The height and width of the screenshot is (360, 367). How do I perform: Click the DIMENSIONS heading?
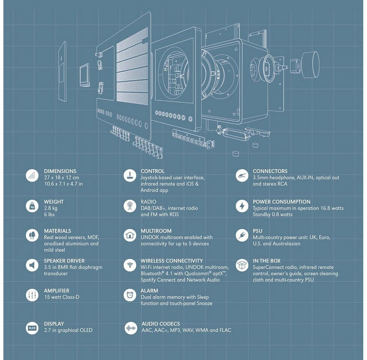click(x=60, y=171)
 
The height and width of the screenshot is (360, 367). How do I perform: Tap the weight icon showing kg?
click(x=32, y=205)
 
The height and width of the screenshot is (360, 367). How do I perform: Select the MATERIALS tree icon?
click(x=32, y=235)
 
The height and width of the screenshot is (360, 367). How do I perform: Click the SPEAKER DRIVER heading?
click(x=64, y=261)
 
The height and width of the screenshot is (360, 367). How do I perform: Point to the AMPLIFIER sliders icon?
click(x=32, y=295)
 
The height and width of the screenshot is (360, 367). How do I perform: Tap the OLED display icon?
click(x=32, y=328)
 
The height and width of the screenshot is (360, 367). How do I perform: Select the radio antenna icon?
click(x=130, y=205)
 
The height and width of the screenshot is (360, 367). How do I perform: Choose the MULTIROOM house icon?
click(x=130, y=235)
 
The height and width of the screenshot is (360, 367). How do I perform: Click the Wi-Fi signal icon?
click(x=130, y=265)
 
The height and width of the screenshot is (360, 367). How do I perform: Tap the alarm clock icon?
click(x=130, y=295)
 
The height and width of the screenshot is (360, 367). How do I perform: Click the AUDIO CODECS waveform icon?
click(x=130, y=328)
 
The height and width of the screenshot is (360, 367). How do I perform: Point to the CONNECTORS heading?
click(x=270, y=171)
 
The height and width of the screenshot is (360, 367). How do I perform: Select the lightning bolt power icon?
click(x=242, y=205)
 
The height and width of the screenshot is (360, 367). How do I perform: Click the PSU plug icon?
click(x=242, y=235)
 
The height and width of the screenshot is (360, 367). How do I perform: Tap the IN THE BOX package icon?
click(x=242, y=265)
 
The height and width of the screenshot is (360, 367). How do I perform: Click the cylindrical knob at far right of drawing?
click(x=310, y=64)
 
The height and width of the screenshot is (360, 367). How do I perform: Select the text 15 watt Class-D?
click(x=61, y=297)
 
